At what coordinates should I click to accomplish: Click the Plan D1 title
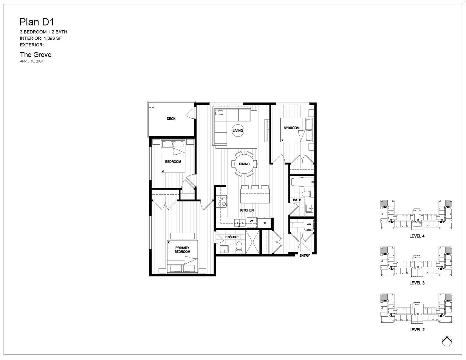pos(37,22)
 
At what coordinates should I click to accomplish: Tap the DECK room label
pos(171,119)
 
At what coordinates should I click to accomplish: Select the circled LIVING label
pos(238,130)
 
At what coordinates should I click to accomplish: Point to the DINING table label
pos(244,164)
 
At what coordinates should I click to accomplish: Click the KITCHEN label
pos(247,210)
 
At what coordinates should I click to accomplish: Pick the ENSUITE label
pos(232,237)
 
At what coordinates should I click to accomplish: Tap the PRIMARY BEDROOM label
pos(182,250)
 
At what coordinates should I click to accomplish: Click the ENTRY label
pos(305,255)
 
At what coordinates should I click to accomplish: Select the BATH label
pos(297,200)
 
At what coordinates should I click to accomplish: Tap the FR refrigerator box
pos(264,223)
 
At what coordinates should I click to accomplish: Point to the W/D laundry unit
pos(309,225)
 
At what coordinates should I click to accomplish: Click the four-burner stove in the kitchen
pos(222,201)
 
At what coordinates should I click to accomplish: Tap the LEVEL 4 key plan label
pos(417,236)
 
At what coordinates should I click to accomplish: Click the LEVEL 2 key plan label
pos(417,330)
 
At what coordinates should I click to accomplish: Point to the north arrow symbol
pos(447,341)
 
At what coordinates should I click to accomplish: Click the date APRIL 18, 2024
pos(32,61)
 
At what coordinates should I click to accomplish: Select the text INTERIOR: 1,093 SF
pos(41,38)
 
